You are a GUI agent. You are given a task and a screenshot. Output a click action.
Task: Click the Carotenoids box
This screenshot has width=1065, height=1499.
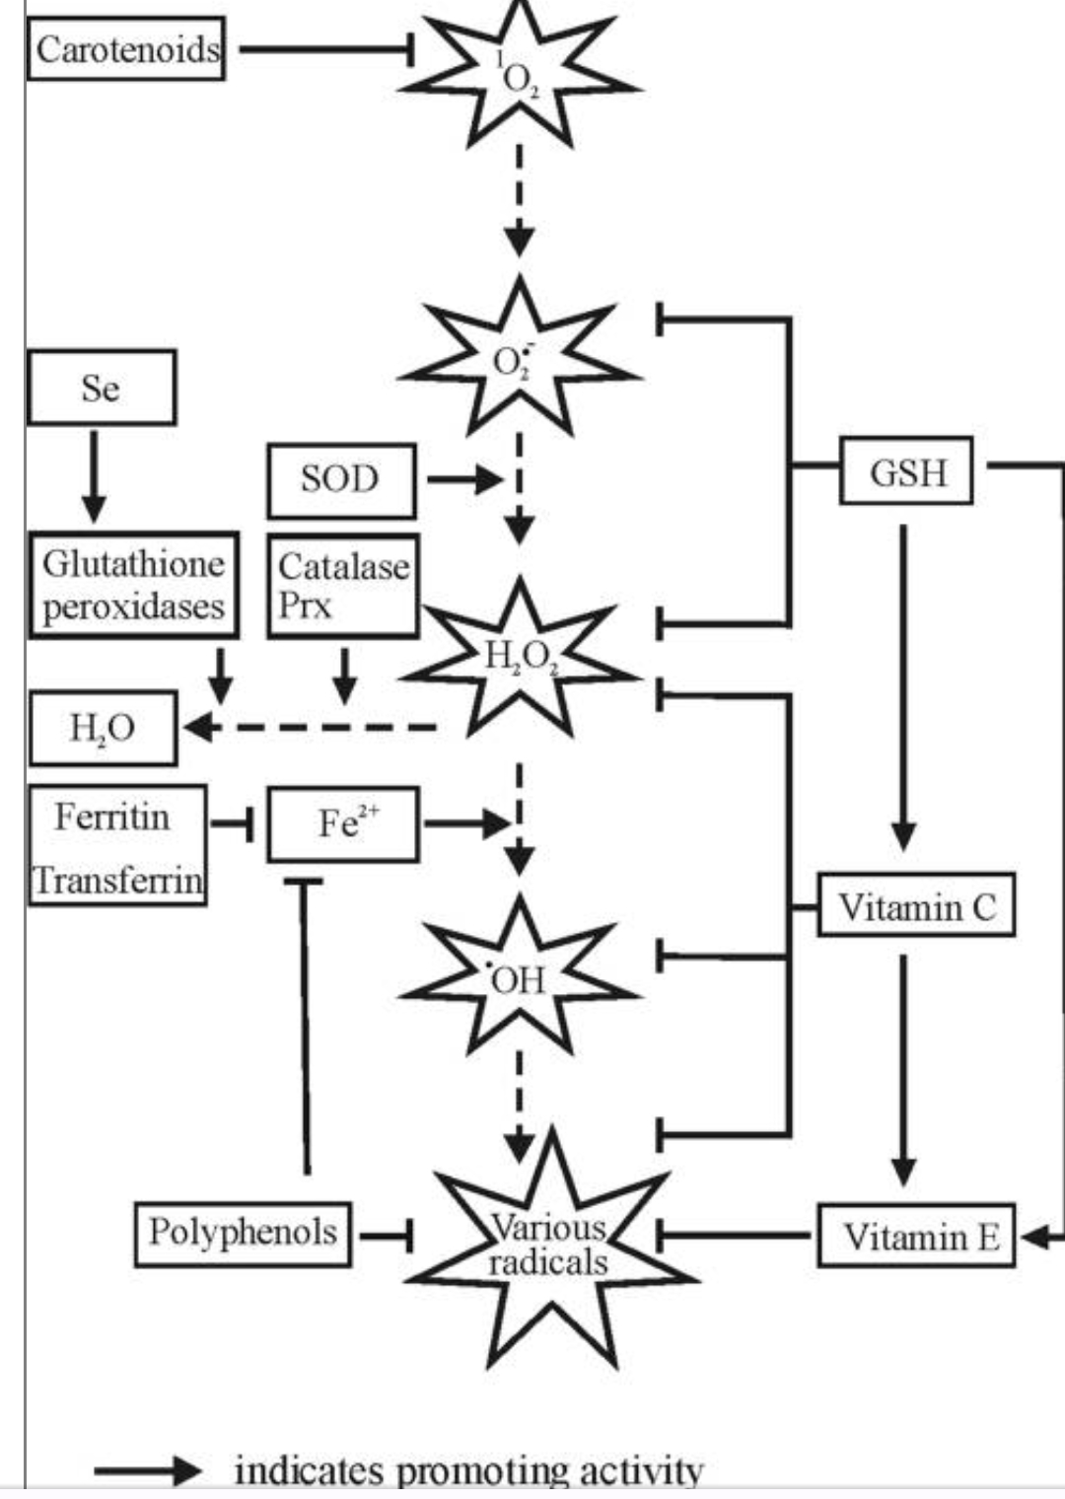(x=126, y=48)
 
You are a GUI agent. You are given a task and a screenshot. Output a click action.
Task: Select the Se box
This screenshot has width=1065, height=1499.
(x=102, y=388)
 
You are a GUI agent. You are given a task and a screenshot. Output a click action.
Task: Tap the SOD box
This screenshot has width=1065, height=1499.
(x=341, y=480)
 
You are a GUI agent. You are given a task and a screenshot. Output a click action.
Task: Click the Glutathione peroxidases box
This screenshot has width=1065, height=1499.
(x=133, y=586)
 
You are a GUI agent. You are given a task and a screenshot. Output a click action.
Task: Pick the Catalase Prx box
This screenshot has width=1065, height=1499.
(x=342, y=586)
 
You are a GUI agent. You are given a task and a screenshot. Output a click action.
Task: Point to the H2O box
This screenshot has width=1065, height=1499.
(x=103, y=729)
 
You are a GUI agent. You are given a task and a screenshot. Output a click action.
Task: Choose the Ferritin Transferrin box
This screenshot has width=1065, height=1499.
(x=117, y=845)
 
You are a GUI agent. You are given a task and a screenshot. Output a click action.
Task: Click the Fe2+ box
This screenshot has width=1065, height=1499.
(x=343, y=823)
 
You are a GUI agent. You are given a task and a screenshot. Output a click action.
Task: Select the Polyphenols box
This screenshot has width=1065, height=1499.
(x=243, y=1233)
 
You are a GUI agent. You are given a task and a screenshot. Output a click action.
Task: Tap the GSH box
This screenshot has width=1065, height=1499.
(x=906, y=471)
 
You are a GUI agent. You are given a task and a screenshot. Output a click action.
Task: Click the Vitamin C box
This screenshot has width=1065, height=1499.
(x=916, y=905)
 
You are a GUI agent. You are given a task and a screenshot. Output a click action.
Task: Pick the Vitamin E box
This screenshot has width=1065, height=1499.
(x=916, y=1236)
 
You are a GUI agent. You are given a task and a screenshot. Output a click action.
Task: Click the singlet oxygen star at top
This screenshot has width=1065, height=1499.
(x=519, y=74)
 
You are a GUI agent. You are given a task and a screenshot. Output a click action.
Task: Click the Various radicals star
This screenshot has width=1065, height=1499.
(x=550, y=1248)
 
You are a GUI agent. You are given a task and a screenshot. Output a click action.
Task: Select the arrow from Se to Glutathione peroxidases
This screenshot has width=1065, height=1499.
(x=94, y=475)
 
